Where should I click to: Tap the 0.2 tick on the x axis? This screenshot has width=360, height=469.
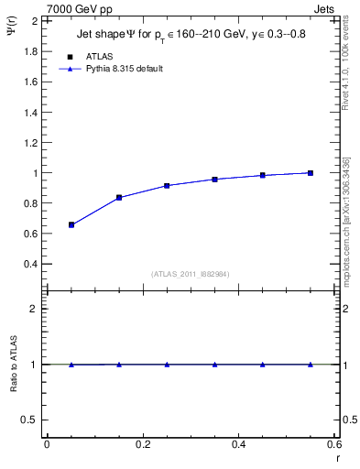[x=142, y=444]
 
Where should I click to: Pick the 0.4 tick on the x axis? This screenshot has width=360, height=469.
[x=238, y=444]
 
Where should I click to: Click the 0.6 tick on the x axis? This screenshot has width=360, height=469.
[x=333, y=444]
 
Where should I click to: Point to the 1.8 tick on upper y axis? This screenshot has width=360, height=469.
[x=31, y=51]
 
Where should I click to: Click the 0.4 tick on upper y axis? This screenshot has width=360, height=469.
[x=31, y=264]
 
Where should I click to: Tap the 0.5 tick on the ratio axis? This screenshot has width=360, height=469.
[x=31, y=420]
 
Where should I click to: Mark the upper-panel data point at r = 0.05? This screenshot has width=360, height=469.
[x=71, y=224]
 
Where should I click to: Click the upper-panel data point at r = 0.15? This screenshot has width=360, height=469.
[x=119, y=198]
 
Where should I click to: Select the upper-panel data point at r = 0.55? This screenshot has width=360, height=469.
[x=311, y=173]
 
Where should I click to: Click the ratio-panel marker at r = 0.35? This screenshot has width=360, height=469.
[x=214, y=365]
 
